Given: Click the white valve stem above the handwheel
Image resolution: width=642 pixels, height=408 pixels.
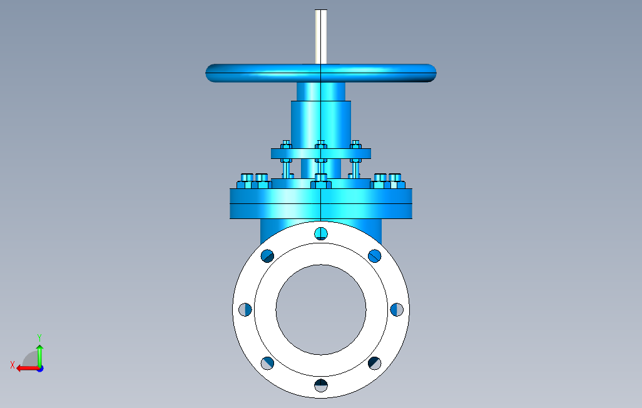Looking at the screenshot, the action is [x=321, y=37].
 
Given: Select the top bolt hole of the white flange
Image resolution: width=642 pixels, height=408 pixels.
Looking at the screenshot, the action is [x=321, y=233].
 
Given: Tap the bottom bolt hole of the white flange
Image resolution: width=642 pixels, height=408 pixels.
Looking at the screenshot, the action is [x=321, y=385].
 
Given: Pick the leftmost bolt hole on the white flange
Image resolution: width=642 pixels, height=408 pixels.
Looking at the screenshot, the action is [x=245, y=310].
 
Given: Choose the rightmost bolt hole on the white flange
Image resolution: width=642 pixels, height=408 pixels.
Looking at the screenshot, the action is [x=397, y=310].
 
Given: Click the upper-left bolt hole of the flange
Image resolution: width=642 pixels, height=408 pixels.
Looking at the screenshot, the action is [x=267, y=256].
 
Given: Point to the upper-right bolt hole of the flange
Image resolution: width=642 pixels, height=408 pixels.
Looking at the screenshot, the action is [x=375, y=256].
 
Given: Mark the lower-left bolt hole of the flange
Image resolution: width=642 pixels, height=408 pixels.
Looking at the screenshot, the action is [x=267, y=363].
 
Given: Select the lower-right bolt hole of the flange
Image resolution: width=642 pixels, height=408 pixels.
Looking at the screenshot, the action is [x=375, y=363].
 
